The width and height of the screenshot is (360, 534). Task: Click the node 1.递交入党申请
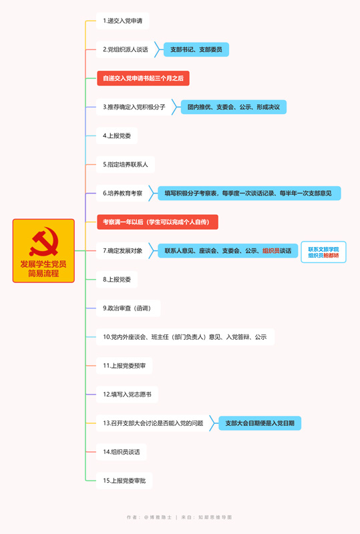(123, 21)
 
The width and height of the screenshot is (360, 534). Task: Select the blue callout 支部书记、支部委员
(196, 49)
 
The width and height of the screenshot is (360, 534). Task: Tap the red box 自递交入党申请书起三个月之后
(143, 78)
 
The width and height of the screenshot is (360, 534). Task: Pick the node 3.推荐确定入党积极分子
(134, 107)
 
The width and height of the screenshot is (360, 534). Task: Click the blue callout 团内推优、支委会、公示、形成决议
(234, 107)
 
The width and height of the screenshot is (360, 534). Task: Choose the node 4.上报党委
(117, 136)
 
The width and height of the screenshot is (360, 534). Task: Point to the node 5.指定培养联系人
(126, 164)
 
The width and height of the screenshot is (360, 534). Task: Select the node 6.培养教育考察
(123, 193)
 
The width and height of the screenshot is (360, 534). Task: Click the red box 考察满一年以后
(158, 222)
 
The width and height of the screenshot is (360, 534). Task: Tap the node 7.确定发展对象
(123, 251)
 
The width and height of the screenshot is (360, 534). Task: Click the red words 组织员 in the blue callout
(271, 251)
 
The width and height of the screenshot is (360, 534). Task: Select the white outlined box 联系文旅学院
(323, 252)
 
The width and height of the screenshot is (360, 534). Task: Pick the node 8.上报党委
(117, 279)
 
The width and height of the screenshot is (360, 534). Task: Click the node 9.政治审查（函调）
(128, 308)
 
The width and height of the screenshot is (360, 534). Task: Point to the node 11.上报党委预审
(124, 366)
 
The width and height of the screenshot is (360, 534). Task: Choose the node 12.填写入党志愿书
(127, 394)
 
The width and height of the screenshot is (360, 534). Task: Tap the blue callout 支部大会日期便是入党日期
(260, 423)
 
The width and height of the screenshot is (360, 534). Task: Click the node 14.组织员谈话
(122, 452)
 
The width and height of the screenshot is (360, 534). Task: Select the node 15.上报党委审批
(124, 481)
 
